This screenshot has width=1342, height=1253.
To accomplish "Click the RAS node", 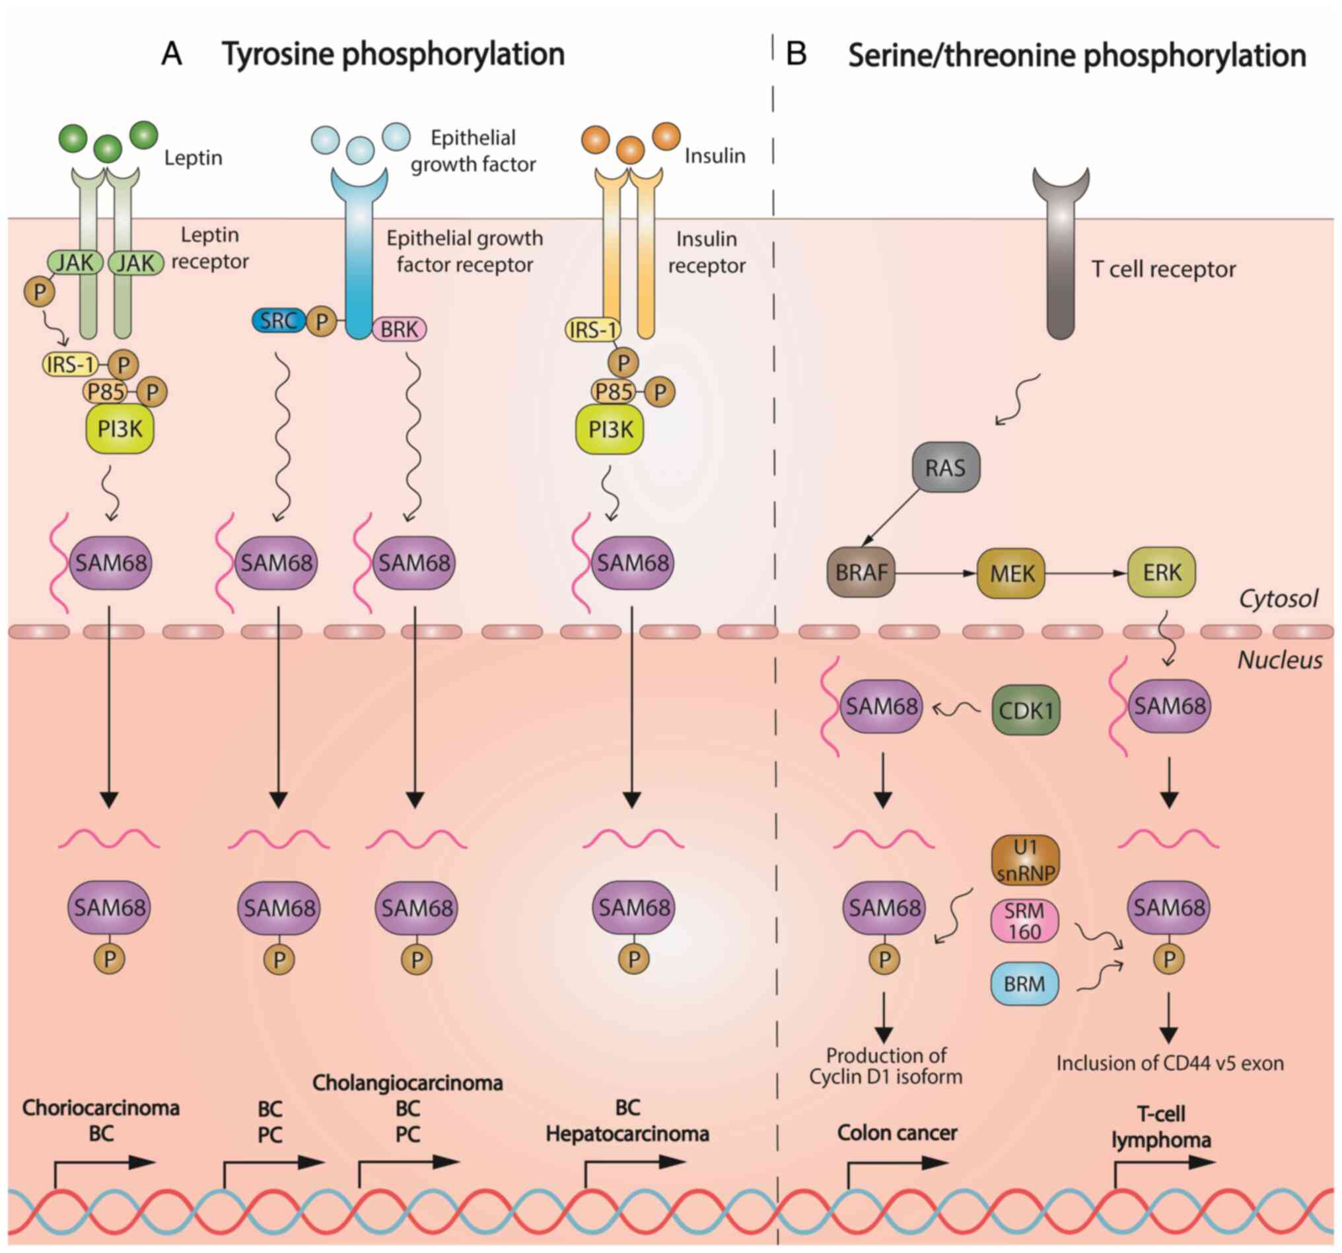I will pos(945,467).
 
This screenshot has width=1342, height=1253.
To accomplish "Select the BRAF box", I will pos(861,573).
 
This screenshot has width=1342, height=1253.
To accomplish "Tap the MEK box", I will pos(1011,574).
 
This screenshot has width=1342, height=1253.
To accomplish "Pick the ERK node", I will pos(1162,573).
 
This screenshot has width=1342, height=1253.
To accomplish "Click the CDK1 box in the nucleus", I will pos(1025,710).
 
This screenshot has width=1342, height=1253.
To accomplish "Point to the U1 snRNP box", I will pos(1025,860).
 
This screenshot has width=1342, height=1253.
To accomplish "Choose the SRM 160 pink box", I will pos(1024,921).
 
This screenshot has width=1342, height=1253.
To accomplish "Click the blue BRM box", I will pos(1024,984).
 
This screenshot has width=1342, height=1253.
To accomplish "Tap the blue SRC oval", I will pos(278,320).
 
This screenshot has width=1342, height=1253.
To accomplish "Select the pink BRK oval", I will pos(399,329).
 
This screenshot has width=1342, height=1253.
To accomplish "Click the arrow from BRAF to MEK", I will pos(936,573).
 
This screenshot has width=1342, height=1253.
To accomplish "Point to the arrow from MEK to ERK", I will pos(1086,573).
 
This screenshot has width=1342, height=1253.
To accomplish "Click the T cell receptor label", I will pos(1163,269).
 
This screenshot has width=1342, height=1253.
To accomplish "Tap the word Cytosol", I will pos(1277,598).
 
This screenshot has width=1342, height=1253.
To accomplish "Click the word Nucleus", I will pos(1279,660).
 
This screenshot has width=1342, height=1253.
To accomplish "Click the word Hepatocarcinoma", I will pos(627,1133).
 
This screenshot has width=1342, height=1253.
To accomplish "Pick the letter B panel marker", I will pos(796,54).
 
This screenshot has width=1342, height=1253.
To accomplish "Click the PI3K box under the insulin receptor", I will pos(610,429).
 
